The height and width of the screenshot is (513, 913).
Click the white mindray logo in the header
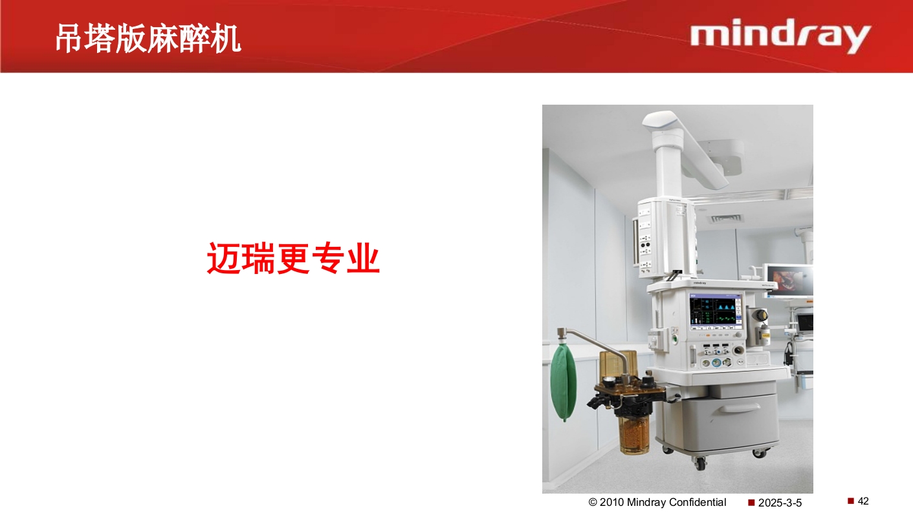[x=780, y=37]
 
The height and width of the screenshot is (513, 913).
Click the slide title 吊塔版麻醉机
[x=148, y=39]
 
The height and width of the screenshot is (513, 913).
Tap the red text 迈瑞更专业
[x=293, y=258]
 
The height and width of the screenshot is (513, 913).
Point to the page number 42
[x=863, y=501]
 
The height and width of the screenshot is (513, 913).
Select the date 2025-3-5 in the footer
[x=780, y=503]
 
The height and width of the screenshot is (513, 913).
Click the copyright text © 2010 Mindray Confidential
[x=657, y=502]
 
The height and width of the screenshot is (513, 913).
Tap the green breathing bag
[x=563, y=382]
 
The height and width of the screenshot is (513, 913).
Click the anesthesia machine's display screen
[x=716, y=311]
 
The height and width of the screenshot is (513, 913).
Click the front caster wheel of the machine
[x=699, y=462]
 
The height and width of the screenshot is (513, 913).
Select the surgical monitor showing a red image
[x=789, y=280]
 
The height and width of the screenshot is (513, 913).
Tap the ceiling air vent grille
[x=727, y=218]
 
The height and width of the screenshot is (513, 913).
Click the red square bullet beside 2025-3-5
[x=751, y=502]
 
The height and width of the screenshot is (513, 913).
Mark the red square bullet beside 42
[x=851, y=501]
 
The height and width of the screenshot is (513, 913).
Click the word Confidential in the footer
[x=698, y=502]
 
